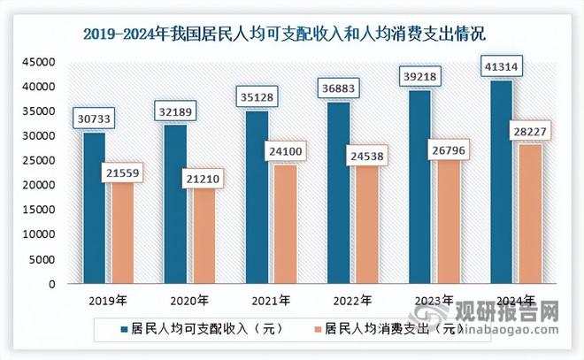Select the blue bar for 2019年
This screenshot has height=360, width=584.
coord(95,209)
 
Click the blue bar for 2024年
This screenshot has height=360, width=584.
coord(501,182)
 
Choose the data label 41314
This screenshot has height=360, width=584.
coord(501,67)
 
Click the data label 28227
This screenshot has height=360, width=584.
coord(528,132)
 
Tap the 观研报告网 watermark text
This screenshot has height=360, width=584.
coord(508,311)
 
